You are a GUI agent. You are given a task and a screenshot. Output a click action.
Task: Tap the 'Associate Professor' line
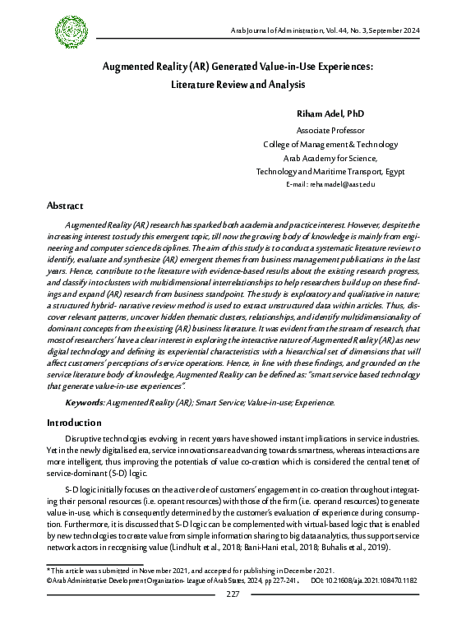[x=330, y=131]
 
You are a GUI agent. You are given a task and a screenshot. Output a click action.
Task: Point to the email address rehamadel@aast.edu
[x=330, y=184]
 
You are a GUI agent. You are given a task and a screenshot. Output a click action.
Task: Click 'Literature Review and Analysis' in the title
[x=238, y=83]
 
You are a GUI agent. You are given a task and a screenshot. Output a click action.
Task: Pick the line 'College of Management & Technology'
[x=330, y=144]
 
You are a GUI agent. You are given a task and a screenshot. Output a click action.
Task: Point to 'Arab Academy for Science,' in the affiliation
[x=330, y=157]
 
